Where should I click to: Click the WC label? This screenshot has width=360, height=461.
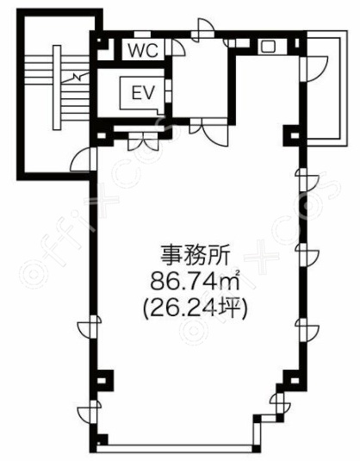pos(144,50)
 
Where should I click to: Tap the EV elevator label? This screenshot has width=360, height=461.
pos(143,93)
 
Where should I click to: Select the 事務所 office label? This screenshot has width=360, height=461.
pos(195,255)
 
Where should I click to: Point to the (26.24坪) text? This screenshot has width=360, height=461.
pos(195,308)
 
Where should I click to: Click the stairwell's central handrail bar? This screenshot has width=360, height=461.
pos(57,87)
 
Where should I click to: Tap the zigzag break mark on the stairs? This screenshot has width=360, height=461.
pos(75,78)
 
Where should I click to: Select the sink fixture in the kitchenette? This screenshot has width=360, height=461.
pos(268,47)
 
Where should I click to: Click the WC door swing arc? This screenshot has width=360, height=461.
pos(177,47)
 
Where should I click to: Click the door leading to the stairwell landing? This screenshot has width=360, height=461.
pos(84,159)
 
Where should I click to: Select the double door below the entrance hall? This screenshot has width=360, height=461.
pos(209,131)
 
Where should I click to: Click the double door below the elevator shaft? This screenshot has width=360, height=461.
pos(143,140)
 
